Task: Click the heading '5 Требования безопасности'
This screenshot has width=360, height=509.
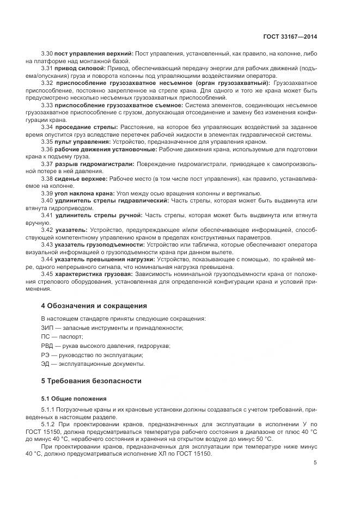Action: coord(91,381)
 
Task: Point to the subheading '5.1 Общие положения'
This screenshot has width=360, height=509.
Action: coord(74,398)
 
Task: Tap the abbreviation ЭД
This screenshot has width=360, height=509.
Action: coord(46,364)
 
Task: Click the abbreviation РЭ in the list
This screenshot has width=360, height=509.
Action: coord(46,354)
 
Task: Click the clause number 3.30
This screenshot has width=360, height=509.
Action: coord(47,53)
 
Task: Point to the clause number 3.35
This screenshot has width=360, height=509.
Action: coord(47,141)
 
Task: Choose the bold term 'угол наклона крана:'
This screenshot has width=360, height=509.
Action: coord(84,193)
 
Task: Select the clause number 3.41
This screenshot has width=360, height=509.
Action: coord(47,216)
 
